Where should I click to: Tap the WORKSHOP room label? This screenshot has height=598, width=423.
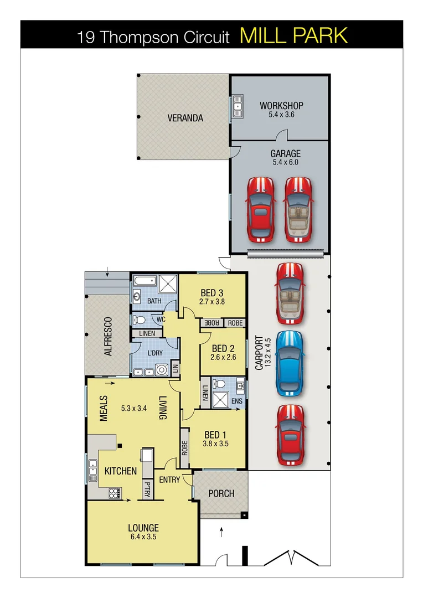(x=281, y=105)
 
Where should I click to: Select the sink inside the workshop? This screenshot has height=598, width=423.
(x=238, y=106)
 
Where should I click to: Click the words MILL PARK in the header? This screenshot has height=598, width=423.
(x=293, y=35)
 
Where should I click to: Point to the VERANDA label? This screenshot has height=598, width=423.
(x=185, y=118)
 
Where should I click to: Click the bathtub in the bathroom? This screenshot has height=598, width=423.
(x=143, y=282)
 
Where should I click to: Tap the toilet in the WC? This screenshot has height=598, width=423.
(x=139, y=319)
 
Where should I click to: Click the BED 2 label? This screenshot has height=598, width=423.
(x=223, y=348)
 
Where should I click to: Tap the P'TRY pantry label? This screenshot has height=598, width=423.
(x=147, y=489)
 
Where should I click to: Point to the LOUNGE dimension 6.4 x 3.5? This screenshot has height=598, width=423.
(x=143, y=537)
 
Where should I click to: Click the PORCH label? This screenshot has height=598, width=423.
(x=221, y=493)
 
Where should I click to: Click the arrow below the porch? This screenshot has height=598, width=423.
(x=221, y=533)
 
